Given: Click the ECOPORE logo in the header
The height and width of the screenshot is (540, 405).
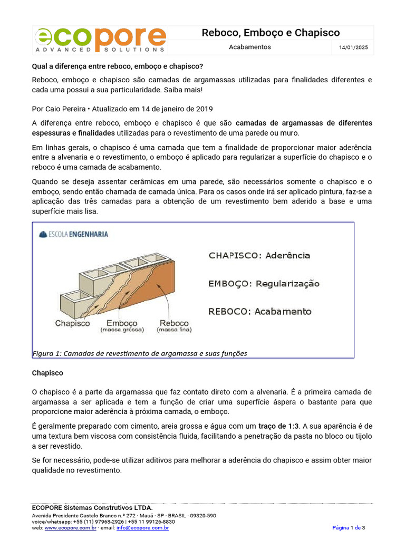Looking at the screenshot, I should [x=101, y=40].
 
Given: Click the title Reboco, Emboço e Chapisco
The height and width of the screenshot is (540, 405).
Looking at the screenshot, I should [x=271, y=33].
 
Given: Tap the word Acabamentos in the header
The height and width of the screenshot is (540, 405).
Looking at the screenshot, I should [x=250, y=47].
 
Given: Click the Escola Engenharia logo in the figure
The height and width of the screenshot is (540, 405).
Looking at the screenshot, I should [x=74, y=234].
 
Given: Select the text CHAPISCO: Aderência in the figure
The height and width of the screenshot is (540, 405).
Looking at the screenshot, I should [x=259, y=256].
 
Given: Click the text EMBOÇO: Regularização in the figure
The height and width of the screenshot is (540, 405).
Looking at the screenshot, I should [x=264, y=284].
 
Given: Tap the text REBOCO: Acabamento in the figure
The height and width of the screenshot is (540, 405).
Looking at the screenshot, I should [x=260, y=312].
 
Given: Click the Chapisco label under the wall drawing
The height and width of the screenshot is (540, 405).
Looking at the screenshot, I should [x=72, y=323].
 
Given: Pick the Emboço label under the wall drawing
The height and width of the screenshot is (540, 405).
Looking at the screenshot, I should [x=122, y=323].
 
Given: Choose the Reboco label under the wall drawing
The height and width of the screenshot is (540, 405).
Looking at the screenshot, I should [x=174, y=323].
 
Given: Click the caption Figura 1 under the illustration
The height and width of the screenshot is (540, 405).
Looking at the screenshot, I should [x=140, y=353].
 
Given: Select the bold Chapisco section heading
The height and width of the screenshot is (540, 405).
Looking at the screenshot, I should [x=47, y=373].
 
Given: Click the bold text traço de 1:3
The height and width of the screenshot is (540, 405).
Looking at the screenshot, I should [x=279, y=426].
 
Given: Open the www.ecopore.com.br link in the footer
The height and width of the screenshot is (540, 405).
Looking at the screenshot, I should [x=70, y=527].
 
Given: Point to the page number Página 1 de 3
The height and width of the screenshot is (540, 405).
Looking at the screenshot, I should [x=349, y=527].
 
